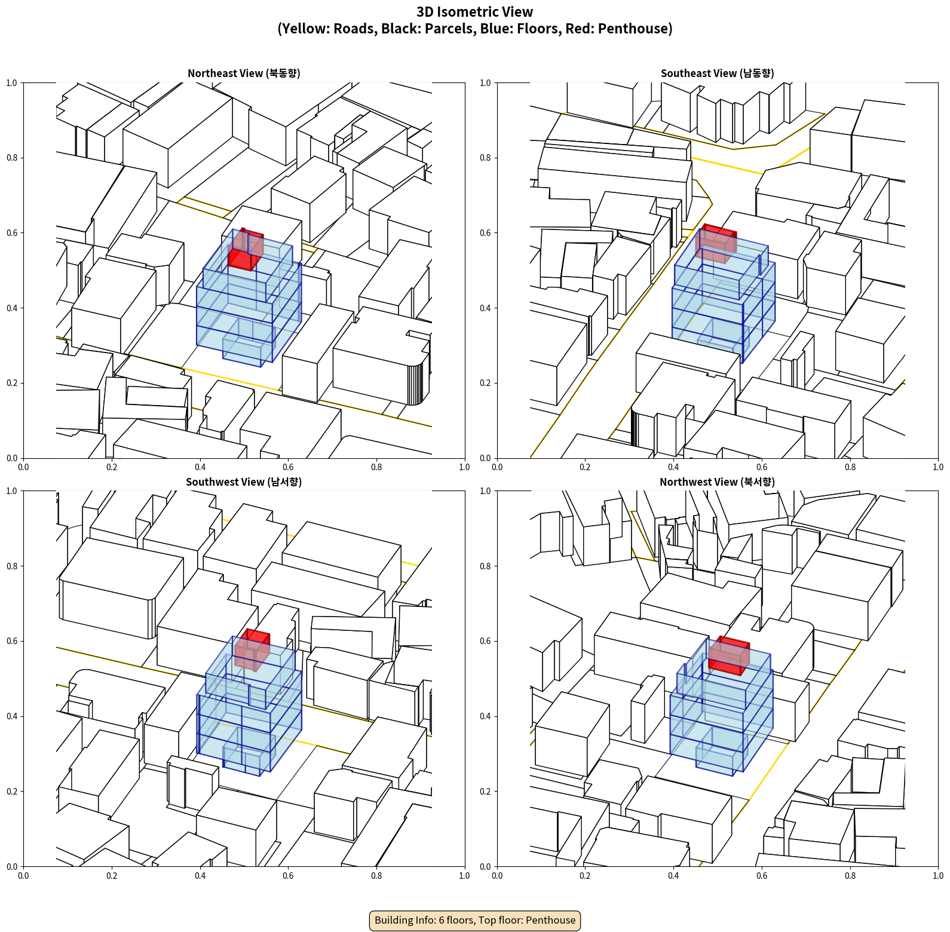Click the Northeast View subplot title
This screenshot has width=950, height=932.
tap(244, 73)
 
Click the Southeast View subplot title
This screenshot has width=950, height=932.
tap(717, 73)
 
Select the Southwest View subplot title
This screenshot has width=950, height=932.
tap(244, 482)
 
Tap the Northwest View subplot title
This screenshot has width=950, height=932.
tap(717, 482)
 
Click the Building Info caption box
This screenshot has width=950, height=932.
tap(475, 920)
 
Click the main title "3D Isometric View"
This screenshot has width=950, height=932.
tap(475, 12)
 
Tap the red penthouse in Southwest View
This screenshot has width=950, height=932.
tap(252, 649)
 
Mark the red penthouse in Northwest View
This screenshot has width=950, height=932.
tap(729, 655)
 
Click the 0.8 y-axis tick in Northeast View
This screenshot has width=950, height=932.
tap(12, 158)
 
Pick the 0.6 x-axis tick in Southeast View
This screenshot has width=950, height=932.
tap(762, 467)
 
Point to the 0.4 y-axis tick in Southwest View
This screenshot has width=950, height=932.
tap(12, 716)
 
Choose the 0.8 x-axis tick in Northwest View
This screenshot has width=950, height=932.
tap(850, 876)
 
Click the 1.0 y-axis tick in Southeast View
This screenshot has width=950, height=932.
tap(485, 83)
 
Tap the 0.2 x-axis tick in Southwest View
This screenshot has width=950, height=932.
tap(112, 876)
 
